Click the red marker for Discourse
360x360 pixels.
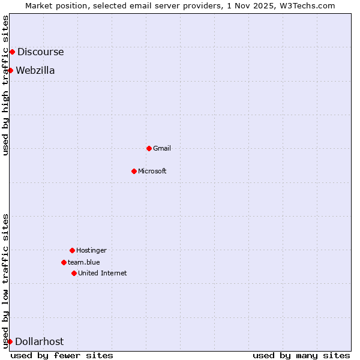coord(12,52)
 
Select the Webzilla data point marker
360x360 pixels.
coord(10,70)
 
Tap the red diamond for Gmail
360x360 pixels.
coord(149,148)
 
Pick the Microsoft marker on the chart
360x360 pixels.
coord(134,171)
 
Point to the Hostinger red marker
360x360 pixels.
coord(72,250)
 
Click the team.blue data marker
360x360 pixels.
coord(64,262)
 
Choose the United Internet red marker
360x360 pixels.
coord(74,273)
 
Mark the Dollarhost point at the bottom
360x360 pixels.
coord(10,341)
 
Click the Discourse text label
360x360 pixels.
coord(40,52)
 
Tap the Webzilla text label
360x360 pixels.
coord(35,70)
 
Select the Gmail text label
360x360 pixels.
coord(162,148)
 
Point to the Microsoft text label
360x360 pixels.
coord(152,171)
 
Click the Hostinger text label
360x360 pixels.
coord(91,250)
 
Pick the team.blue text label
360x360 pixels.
coord(84,262)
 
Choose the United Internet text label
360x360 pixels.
coord(103,273)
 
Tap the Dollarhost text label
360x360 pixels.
coord(39,341)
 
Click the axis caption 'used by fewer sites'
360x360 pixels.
coord(62,355)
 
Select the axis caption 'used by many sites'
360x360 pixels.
coord(301,355)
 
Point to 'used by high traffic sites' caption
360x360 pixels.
coord(5,85)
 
